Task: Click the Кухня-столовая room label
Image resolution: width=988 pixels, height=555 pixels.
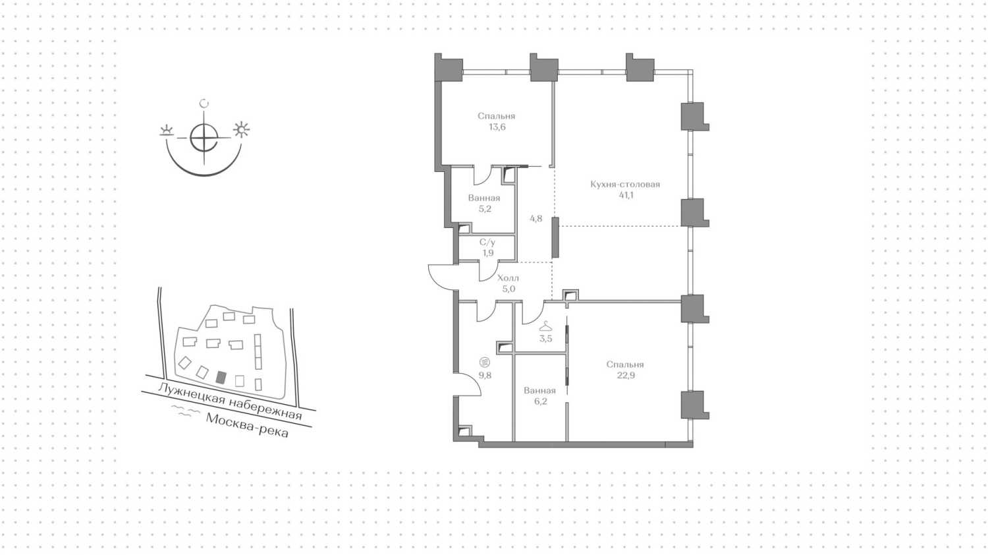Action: pos(625,184)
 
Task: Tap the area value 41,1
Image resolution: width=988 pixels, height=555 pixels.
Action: pos(626,195)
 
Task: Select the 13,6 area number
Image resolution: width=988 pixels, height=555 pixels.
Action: pos(497,127)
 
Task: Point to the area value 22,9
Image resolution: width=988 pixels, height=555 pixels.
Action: pos(626,376)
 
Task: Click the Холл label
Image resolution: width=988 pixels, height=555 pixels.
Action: pos(508,278)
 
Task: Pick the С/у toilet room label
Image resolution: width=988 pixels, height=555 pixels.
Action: pos(487,243)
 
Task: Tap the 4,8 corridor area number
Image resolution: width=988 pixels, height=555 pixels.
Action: pos(536,219)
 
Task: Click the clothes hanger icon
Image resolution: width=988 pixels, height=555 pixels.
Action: pos(545,327)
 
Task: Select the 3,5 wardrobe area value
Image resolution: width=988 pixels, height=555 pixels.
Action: pos(545,339)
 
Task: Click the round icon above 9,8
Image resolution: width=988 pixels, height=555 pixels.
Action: pos(485,363)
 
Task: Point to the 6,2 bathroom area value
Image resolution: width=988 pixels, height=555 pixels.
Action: pos(540,401)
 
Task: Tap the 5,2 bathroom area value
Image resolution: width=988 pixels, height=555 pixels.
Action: pos(485,209)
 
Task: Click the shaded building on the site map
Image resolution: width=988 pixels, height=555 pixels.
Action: pos(221,378)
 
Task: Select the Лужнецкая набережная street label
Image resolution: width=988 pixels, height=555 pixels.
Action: pos(230,401)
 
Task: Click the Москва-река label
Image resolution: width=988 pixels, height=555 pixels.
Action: pos(248,425)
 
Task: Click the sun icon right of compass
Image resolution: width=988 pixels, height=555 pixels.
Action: pos(241,129)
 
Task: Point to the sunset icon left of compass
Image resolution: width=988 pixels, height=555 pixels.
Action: pos(166,131)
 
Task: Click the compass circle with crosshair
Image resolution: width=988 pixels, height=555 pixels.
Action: pos(204,137)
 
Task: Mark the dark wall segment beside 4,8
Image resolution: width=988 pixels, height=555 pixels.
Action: pos(555,237)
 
